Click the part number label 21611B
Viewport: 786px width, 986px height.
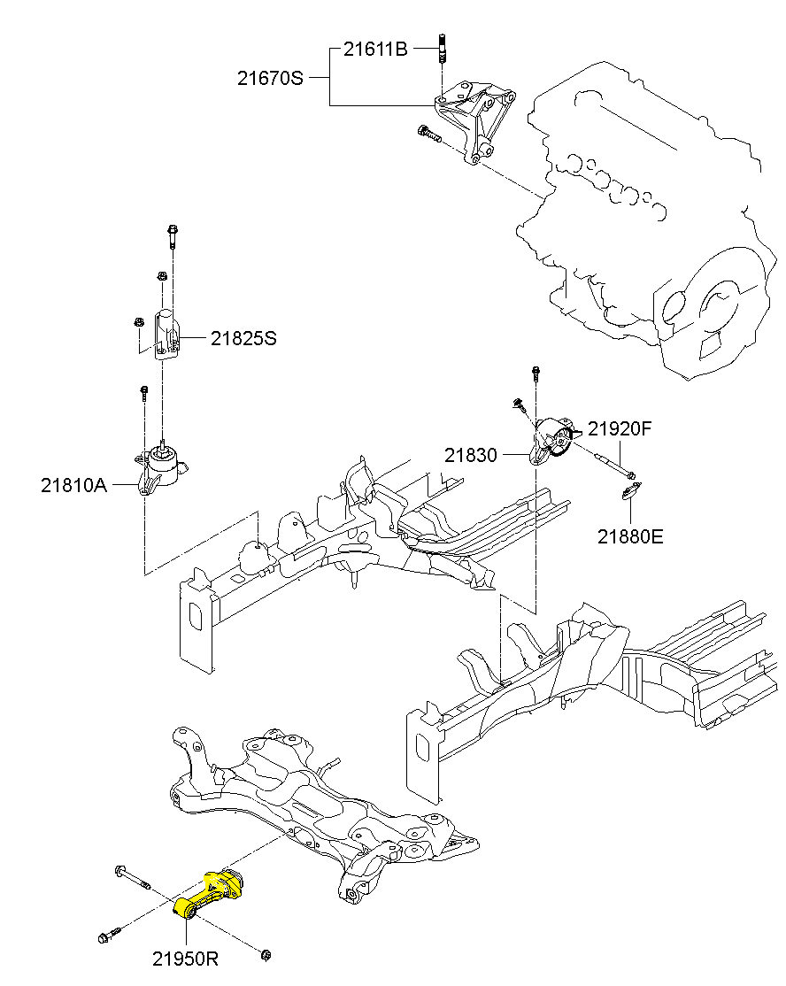coord(375,50)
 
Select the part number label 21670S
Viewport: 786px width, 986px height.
coord(270,78)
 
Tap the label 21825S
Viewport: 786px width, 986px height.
coord(243,338)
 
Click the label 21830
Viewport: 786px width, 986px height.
coord(470,455)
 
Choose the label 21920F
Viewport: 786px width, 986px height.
coord(620,430)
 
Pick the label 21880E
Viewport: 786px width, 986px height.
coord(629,536)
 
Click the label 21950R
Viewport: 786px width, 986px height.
coord(185,959)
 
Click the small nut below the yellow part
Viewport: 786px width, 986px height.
coord(266,954)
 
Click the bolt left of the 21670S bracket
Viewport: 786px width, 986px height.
coord(428,135)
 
